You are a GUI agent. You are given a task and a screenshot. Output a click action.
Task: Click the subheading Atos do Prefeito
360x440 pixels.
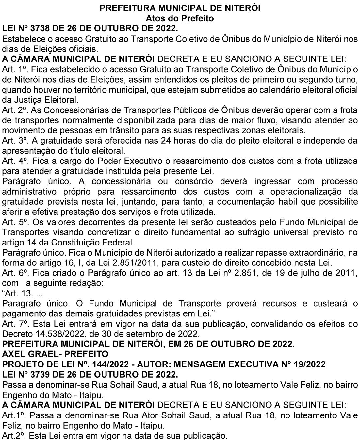pos(180,18)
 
